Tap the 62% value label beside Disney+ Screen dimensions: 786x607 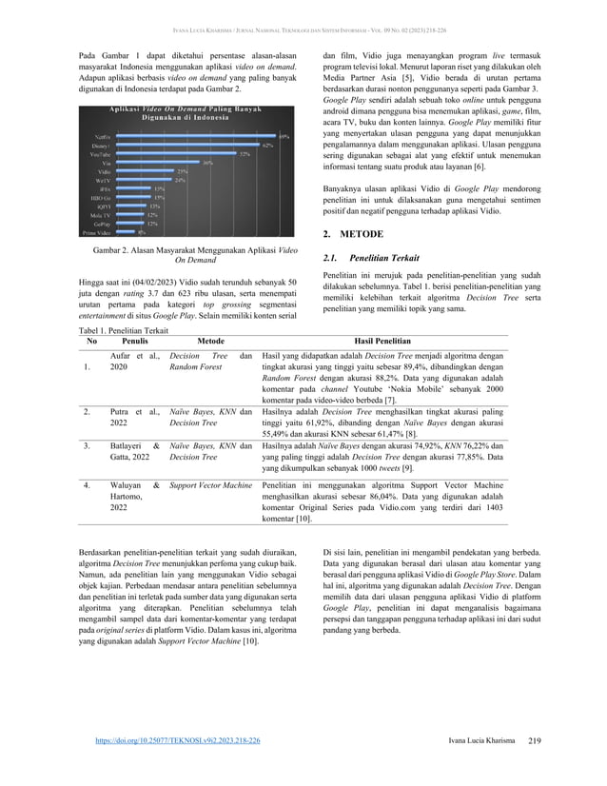[268, 145]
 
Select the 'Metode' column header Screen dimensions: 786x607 [209, 340]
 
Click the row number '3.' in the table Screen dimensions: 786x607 [87, 444]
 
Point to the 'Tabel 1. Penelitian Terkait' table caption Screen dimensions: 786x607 [124, 328]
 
